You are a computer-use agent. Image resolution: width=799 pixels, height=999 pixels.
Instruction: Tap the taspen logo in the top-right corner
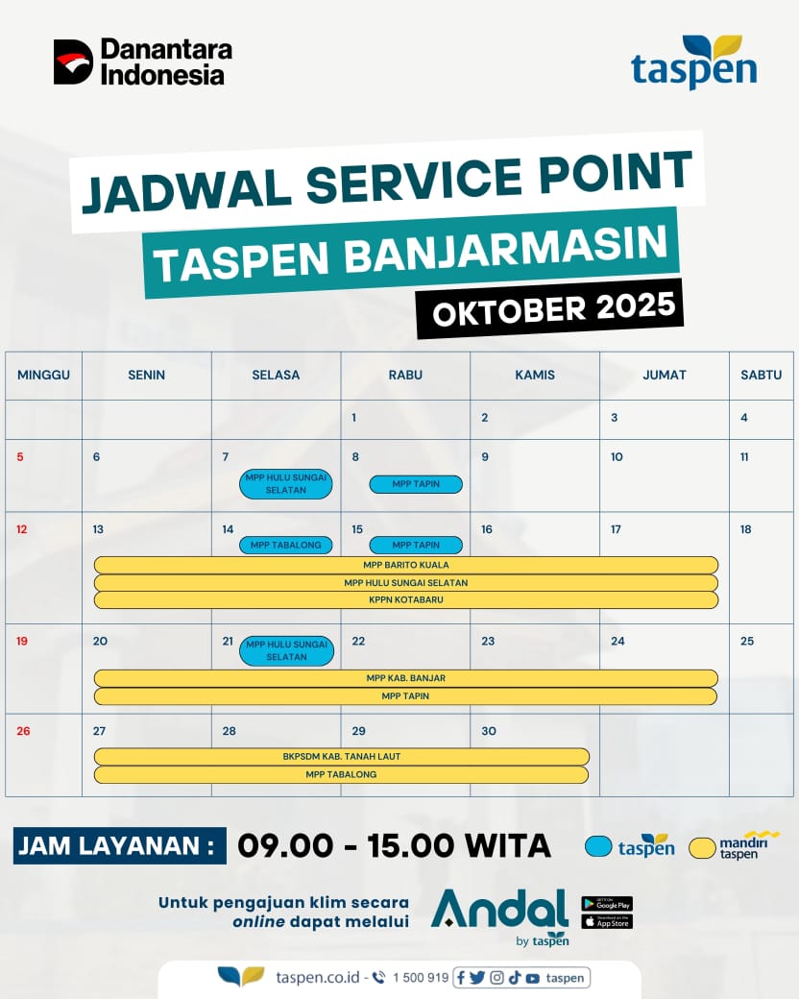693,63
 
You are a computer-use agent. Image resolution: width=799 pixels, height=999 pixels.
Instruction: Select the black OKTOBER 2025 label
548,308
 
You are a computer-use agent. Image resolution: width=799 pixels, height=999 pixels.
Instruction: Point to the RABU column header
405,375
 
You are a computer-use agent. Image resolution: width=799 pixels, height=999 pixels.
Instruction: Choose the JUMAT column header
665,375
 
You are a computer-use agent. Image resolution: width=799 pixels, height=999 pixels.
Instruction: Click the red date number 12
22,529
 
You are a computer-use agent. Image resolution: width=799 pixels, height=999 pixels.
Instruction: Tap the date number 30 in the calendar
489,731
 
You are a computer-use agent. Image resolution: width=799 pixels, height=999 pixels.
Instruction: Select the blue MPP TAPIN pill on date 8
416,484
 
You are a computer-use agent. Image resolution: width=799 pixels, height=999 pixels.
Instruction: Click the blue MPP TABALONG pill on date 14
286,545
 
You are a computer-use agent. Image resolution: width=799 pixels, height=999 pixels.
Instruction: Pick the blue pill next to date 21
287,650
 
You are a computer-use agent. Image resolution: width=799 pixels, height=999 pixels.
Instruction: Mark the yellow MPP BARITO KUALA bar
406,565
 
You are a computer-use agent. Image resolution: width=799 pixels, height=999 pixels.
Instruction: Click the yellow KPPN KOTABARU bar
406,599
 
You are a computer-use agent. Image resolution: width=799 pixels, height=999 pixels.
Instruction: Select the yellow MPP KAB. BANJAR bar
406,678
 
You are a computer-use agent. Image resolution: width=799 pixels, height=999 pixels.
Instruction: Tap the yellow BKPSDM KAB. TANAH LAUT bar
342,756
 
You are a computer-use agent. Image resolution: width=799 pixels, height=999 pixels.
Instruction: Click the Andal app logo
499,912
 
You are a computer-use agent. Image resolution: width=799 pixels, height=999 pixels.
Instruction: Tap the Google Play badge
607,904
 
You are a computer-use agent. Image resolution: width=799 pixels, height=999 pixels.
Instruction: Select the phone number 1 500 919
420,978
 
